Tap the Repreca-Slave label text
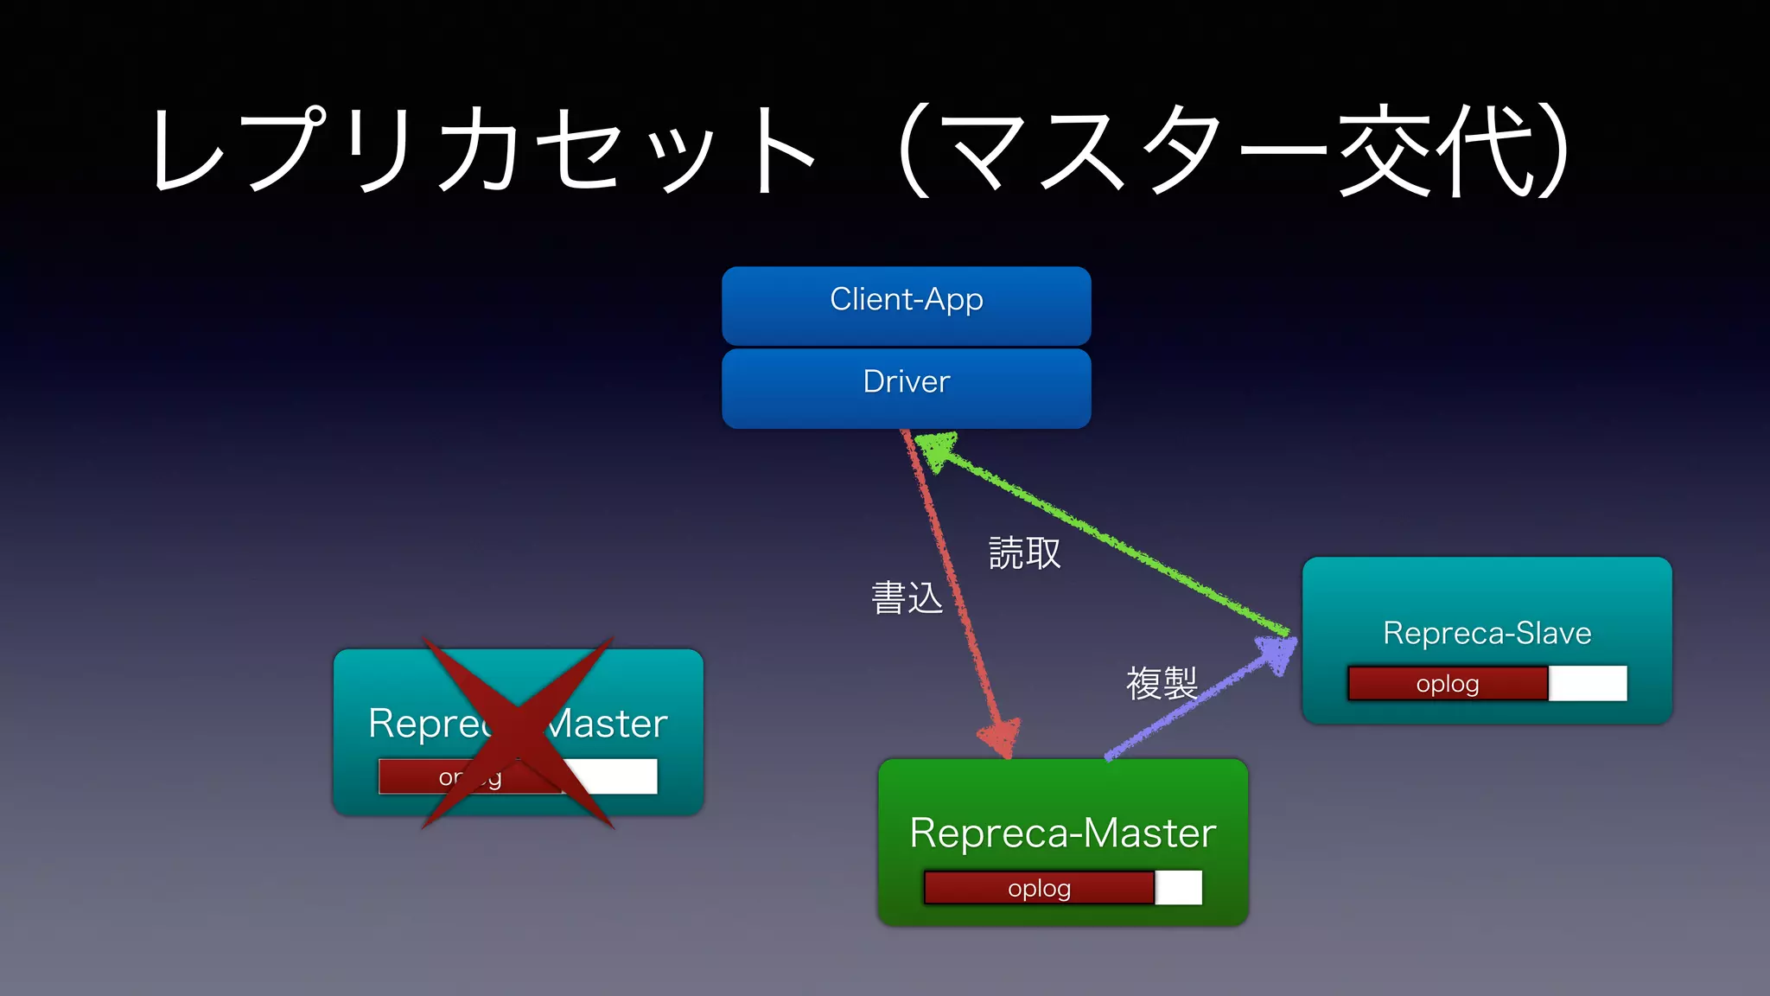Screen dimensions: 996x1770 click(x=1487, y=633)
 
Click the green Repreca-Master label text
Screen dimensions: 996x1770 click(x=1062, y=833)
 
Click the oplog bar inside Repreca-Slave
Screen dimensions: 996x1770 click(x=1448, y=684)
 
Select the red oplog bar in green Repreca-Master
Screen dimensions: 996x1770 click(x=1039, y=888)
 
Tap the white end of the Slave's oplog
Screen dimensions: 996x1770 click(x=1588, y=683)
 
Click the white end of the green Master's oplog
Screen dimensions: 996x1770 click(x=1179, y=888)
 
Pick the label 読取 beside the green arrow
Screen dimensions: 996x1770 click(x=1024, y=553)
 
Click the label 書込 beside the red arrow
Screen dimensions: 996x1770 click(x=907, y=598)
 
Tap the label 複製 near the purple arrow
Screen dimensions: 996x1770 click(x=1162, y=684)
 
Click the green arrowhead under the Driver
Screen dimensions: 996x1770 click(x=936, y=450)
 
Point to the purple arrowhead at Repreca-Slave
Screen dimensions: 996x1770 click(x=1277, y=653)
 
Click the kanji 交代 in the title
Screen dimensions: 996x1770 click(x=1435, y=151)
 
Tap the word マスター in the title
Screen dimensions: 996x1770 click(x=1132, y=151)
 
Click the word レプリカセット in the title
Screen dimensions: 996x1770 click(x=484, y=151)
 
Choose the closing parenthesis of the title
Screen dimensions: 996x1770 click(x=1551, y=151)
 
